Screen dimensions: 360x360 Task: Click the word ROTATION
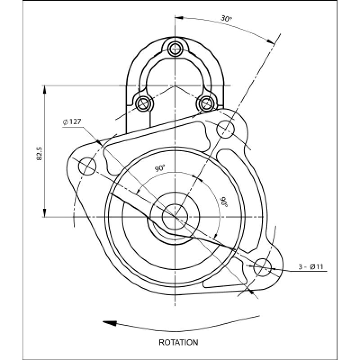[x=178, y=342]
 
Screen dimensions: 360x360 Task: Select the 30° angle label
[x=226, y=18]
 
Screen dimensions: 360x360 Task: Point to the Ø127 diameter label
[x=72, y=122]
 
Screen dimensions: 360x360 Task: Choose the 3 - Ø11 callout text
[x=311, y=267]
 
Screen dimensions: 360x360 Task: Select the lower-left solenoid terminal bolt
[x=144, y=103]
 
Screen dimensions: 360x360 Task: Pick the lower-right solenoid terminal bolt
[x=207, y=103]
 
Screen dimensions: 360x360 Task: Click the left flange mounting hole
[x=87, y=166]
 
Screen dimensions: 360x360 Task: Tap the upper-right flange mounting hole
[x=225, y=128]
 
